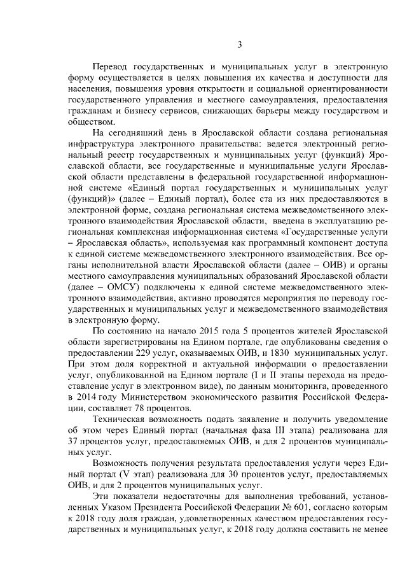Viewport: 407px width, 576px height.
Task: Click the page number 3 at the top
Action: click(240, 44)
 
